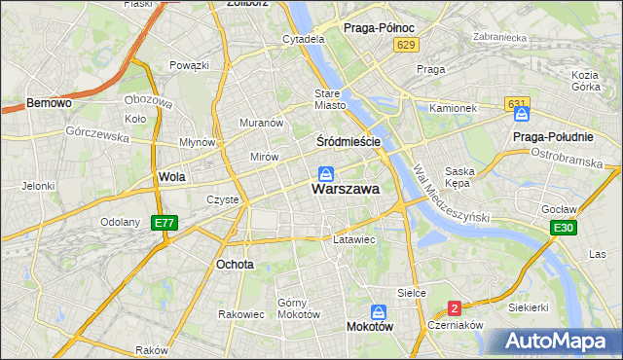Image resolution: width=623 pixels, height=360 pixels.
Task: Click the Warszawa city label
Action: [346, 191]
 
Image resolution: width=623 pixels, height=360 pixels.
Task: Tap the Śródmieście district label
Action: [348, 141]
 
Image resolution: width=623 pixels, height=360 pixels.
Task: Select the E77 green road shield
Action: [165, 223]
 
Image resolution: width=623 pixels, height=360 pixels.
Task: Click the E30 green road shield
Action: [562, 228]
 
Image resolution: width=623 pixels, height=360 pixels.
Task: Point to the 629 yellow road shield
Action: [407, 46]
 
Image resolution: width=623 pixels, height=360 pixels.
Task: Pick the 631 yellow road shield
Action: [517, 103]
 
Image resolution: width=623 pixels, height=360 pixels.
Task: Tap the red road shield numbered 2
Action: [455, 308]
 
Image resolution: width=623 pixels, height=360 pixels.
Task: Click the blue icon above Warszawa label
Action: [326, 174]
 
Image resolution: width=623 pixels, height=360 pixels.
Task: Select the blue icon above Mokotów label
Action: [379, 312]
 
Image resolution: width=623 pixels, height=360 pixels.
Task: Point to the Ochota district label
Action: [236, 264]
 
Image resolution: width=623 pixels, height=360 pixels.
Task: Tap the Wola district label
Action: [171, 177]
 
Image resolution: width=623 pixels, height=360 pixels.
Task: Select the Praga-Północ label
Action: [381, 28]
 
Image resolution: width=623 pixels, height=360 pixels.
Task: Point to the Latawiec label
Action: [353, 238]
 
